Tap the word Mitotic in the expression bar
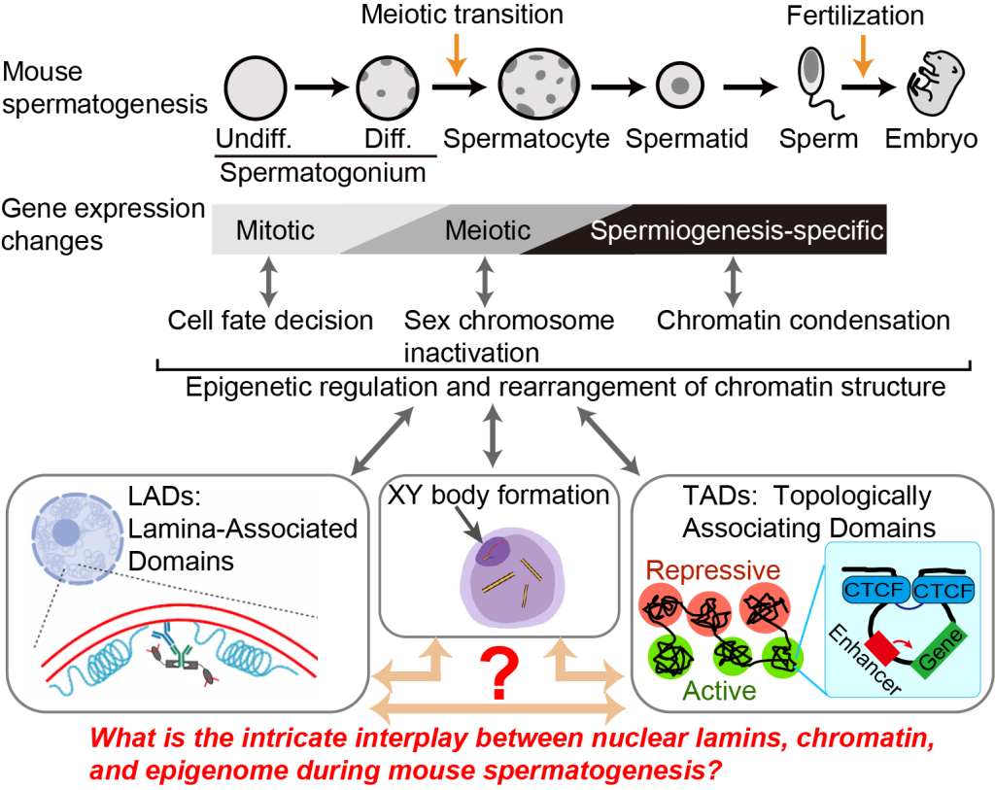[275, 230]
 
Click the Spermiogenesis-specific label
[738, 231]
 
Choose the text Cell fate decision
[269, 320]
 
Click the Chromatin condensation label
[803, 320]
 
